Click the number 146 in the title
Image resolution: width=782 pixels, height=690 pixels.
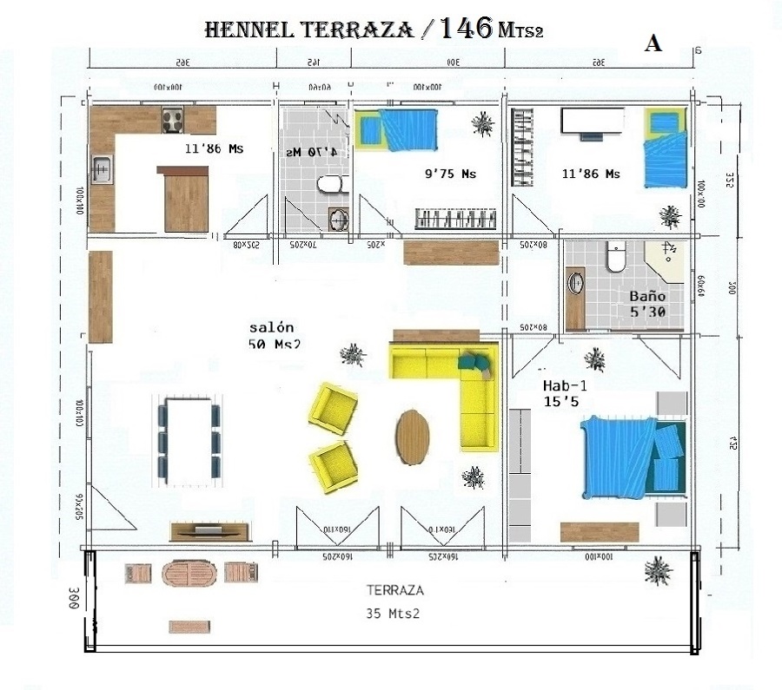pyautogui.click(x=467, y=29)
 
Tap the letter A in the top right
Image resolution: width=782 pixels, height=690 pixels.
pyautogui.click(x=653, y=45)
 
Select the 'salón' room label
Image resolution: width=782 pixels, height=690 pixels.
pyautogui.click(x=272, y=327)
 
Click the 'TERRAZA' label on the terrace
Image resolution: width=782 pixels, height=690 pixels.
pyautogui.click(x=395, y=590)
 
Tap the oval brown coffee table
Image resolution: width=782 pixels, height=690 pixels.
pyautogui.click(x=412, y=437)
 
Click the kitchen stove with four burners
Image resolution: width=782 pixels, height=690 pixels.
pyautogui.click(x=171, y=118)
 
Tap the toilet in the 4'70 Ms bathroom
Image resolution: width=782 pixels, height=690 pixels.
pyautogui.click(x=329, y=185)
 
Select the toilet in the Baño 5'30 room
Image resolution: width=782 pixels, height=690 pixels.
pyautogui.click(x=616, y=259)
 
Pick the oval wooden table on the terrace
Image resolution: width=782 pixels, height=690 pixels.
pyautogui.click(x=189, y=574)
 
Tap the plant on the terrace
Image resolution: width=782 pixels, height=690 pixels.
pyautogui.click(x=658, y=571)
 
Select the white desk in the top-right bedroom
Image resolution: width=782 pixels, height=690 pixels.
pyautogui.click(x=593, y=121)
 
